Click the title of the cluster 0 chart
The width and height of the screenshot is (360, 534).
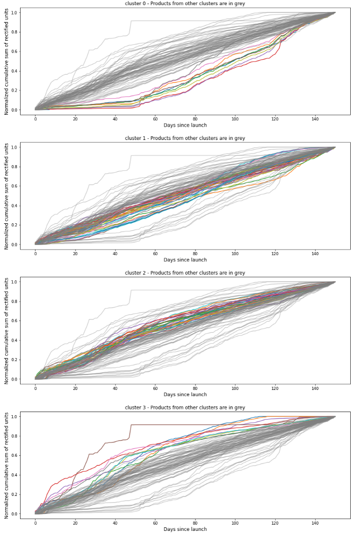click(x=185, y=4)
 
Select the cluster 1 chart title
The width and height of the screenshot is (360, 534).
click(x=185, y=138)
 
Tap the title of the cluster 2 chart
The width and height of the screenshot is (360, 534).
click(x=185, y=273)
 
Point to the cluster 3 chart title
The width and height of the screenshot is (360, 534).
click(x=185, y=407)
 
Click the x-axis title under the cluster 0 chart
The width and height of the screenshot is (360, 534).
click(x=185, y=125)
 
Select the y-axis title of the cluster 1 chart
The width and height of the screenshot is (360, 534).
click(x=7, y=195)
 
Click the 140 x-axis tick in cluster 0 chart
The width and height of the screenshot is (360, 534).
click(x=315, y=118)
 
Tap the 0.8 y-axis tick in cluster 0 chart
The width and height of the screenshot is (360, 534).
click(x=14, y=32)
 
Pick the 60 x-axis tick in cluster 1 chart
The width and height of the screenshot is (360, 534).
click(x=155, y=253)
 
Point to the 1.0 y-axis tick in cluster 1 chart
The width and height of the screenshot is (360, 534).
click(x=14, y=147)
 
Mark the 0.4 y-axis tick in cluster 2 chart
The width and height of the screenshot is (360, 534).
click(x=14, y=340)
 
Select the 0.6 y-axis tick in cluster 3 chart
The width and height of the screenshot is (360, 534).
click(x=14, y=455)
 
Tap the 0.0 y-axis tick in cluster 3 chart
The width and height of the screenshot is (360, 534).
click(x=14, y=514)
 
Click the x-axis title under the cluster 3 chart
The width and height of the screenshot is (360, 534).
click(x=185, y=529)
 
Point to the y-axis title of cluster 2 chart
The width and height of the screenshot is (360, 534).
click(x=7, y=330)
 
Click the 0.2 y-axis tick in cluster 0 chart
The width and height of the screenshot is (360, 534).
click(x=14, y=91)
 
